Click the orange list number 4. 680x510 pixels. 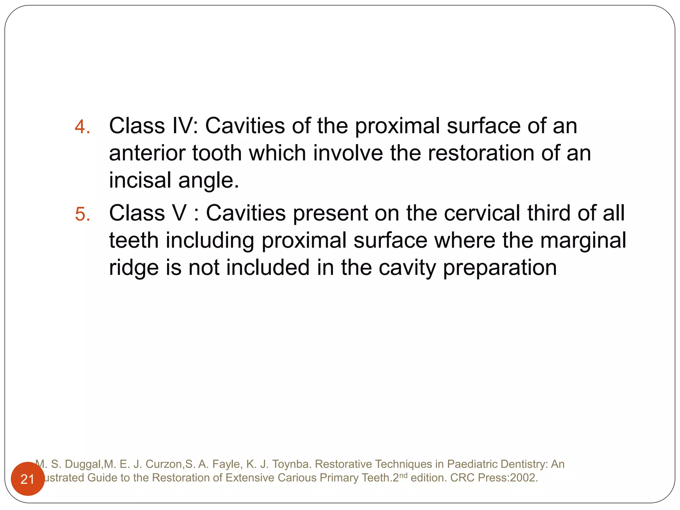pyautogui.click(x=82, y=127)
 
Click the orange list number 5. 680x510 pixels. pyautogui.click(x=82, y=214)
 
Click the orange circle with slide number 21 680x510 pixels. pyautogui.click(x=28, y=479)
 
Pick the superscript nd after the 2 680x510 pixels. pyautogui.click(x=403, y=475)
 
